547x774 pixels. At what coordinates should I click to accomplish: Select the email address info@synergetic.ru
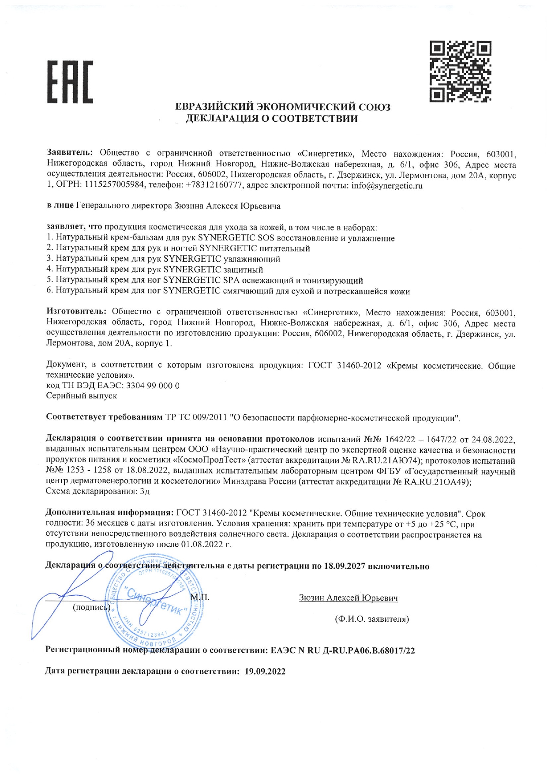pos(387,186)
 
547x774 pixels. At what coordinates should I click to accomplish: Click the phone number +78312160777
pos(214,186)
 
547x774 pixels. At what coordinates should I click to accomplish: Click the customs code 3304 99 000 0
pos(153,385)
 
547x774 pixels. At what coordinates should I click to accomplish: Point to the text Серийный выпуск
pos(82,396)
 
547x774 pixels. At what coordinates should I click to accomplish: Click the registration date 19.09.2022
pos(265,672)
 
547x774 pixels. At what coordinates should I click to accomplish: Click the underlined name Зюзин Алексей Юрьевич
pos(348,598)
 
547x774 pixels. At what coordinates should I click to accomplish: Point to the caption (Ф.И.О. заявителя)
pos(372,619)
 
